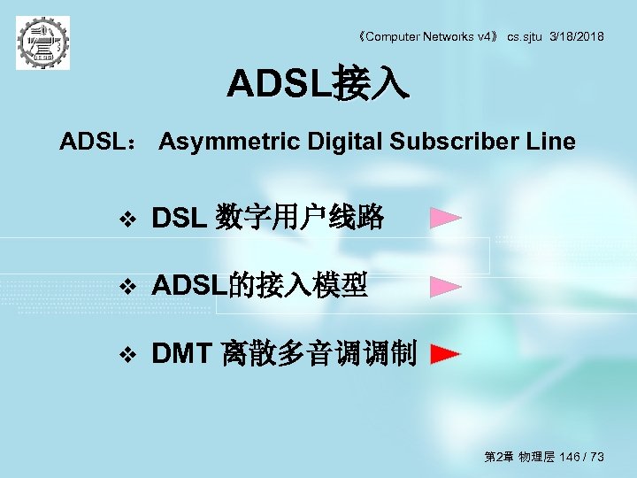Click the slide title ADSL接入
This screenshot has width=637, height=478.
point(318,85)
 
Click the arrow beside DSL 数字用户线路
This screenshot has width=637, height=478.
point(446,218)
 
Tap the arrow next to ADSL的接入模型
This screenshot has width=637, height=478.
point(446,286)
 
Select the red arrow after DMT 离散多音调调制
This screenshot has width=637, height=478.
point(446,355)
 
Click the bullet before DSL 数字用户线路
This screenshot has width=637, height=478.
point(128,218)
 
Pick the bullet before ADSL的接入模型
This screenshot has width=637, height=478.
point(128,286)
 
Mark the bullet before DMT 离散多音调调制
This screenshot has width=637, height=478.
point(128,355)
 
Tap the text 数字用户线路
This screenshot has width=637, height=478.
point(300,217)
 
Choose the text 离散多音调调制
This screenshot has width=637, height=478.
point(319,354)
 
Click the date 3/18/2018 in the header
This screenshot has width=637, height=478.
point(577,36)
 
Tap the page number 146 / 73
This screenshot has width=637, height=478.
point(582,457)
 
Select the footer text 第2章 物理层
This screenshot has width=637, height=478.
point(519,457)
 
